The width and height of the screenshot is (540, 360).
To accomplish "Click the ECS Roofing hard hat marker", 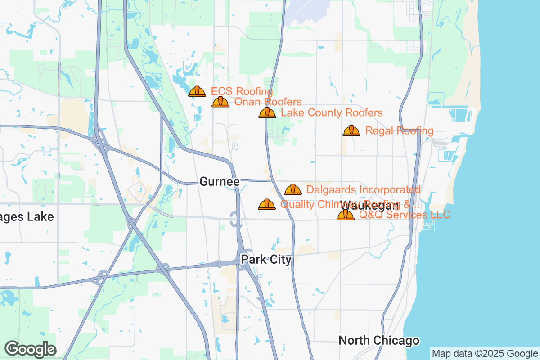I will pyautogui.click(x=197, y=91).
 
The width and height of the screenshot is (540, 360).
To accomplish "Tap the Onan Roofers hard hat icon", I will pyautogui.click(x=220, y=102).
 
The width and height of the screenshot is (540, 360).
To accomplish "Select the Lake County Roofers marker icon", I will pyautogui.click(x=267, y=112).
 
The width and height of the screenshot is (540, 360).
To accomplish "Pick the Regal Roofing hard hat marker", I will pyautogui.click(x=351, y=130).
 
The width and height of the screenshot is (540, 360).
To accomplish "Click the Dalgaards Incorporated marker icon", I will pyautogui.click(x=293, y=189).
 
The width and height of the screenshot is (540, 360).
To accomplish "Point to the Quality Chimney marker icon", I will pyautogui.click(x=267, y=204).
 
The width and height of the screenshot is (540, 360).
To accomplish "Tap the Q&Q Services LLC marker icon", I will pyautogui.click(x=346, y=215).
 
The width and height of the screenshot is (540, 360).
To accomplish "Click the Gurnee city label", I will pyautogui.click(x=220, y=182).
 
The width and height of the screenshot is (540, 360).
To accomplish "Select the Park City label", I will pyautogui.click(x=266, y=259).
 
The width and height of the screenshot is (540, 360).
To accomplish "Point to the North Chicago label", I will pyautogui.click(x=379, y=340).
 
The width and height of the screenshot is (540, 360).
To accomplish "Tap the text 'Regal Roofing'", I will pyautogui.click(x=400, y=131).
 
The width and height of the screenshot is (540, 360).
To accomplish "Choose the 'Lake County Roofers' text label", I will pyautogui.click(x=332, y=112).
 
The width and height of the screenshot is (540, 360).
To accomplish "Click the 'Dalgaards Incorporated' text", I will pyautogui.click(x=364, y=189).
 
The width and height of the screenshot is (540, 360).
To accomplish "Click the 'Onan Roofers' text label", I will pyautogui.click(x=268, y=102).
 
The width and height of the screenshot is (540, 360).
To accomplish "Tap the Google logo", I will pyautogui.click(x=30, y=349).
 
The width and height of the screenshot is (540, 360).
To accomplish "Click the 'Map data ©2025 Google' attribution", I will pyautogui.click(x=485, y=353).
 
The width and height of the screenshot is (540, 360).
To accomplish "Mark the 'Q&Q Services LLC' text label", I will pyautogui.click(x=405, y=215).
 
